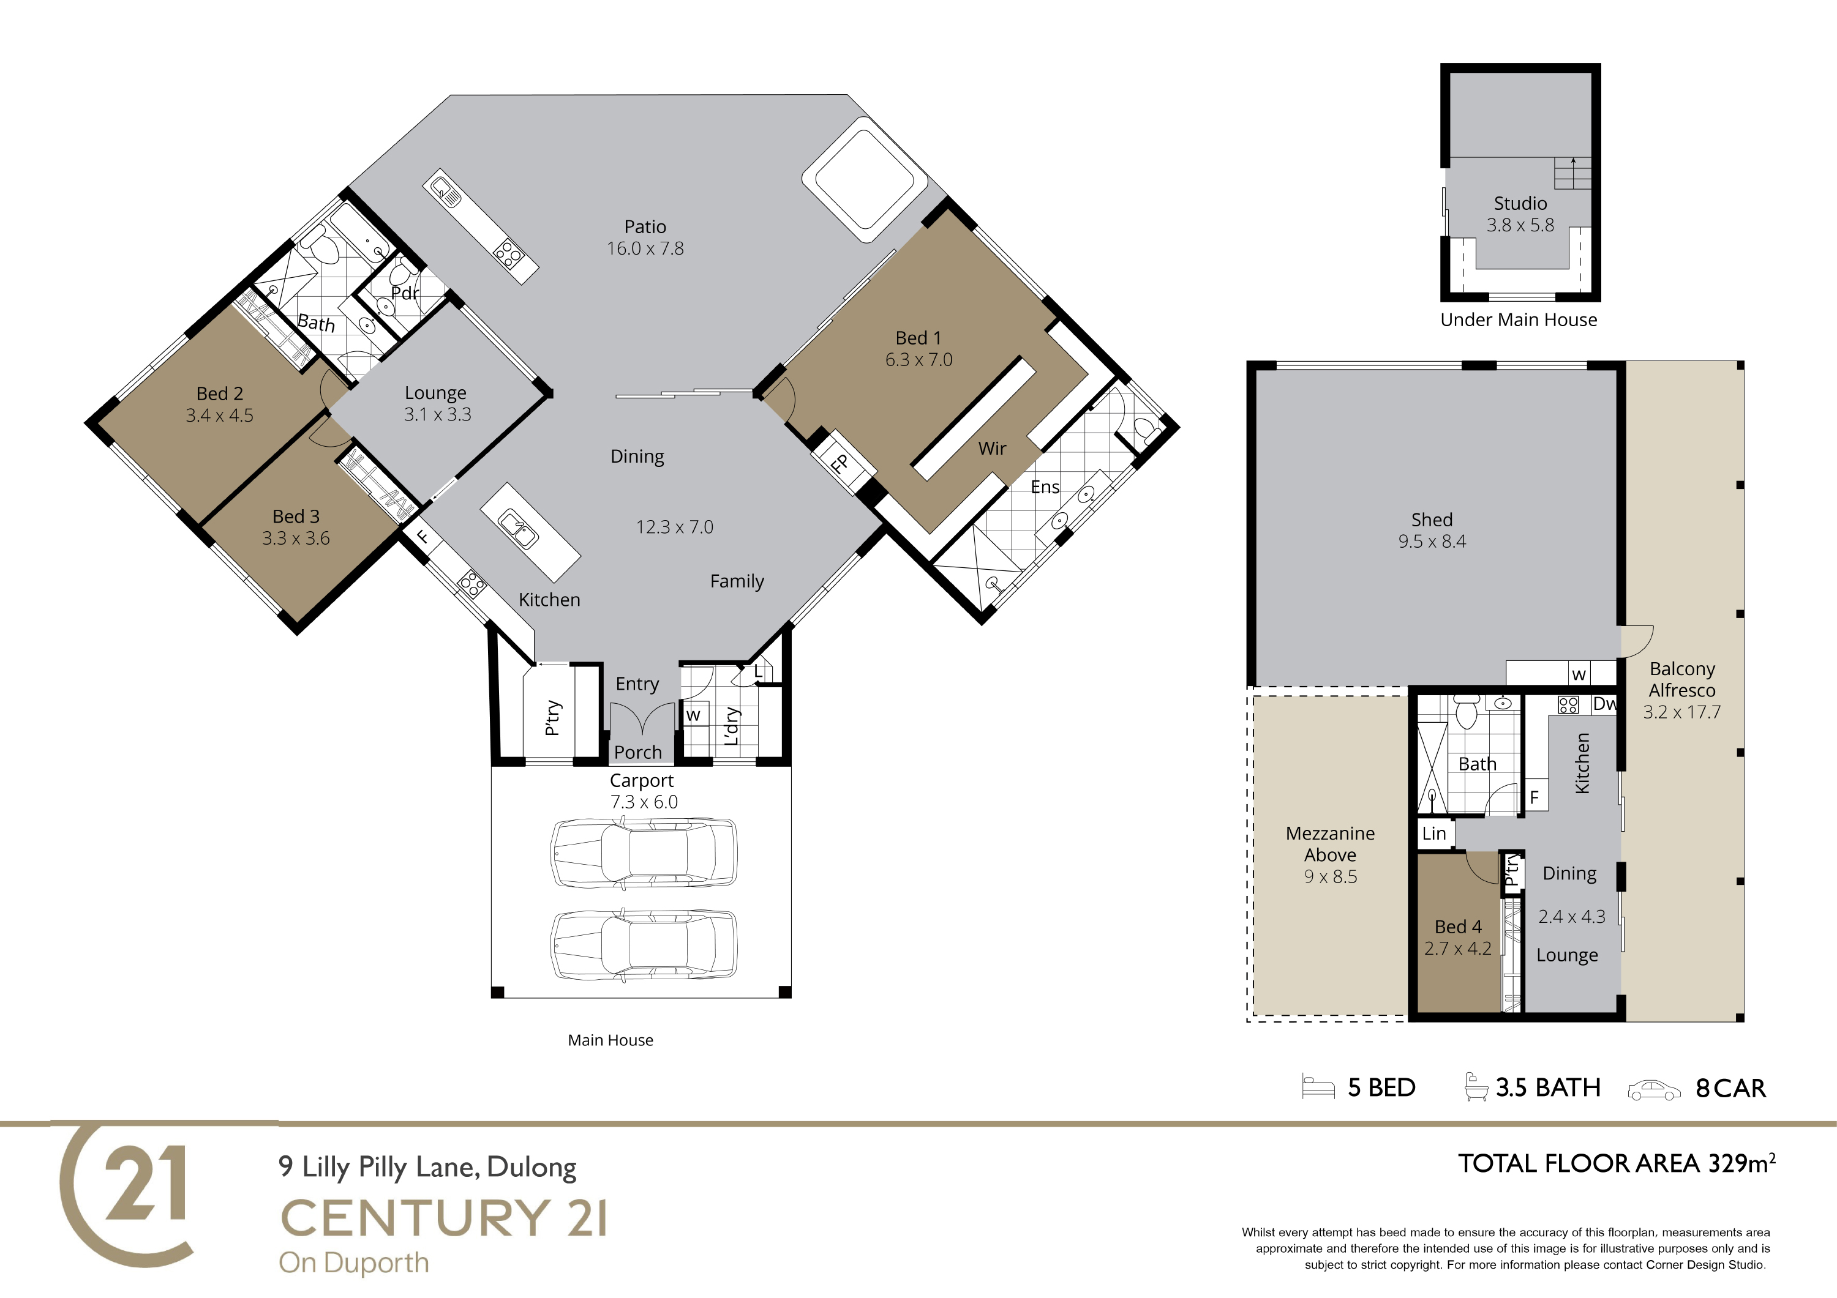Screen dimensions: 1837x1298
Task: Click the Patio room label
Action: pyautogui.click(x=645, y=227)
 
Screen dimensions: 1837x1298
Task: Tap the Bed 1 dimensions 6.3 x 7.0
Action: pyautogui.click(x=918, y=360)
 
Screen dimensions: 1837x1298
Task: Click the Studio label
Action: pyautogui.click(x=1520, y=203)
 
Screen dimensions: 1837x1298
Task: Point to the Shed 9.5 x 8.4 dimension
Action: pyautogui.click(x=1432, y=542)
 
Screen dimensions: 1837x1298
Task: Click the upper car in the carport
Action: pyautogui.click(x=644, y=852)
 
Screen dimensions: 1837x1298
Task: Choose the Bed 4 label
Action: pyautogui.click(x=1458, y=927)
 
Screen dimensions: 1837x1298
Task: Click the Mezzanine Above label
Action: pyautogui.click(x=1330, y=844)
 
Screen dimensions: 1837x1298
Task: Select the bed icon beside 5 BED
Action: pyautogui.click(x=1318, y=1087)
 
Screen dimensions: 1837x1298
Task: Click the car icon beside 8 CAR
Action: pyautogui.click(x=1655, y=1090)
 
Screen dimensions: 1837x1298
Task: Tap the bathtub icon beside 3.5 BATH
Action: pyautogui.click(x=1474, y=1086)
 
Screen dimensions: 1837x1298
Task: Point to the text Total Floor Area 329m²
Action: pyautogui.click(x=1616, y=1163)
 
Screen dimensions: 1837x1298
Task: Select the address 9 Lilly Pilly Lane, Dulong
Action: pyautogui.click(x=427, y=1168)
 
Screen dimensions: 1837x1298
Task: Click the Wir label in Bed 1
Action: pyautogui.click(x=992, y=449)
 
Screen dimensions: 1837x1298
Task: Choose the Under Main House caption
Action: pyautogui.click(x=1519, y=320)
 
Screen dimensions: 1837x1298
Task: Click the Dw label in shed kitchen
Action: pyautogui.click(x=1604, y=704)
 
